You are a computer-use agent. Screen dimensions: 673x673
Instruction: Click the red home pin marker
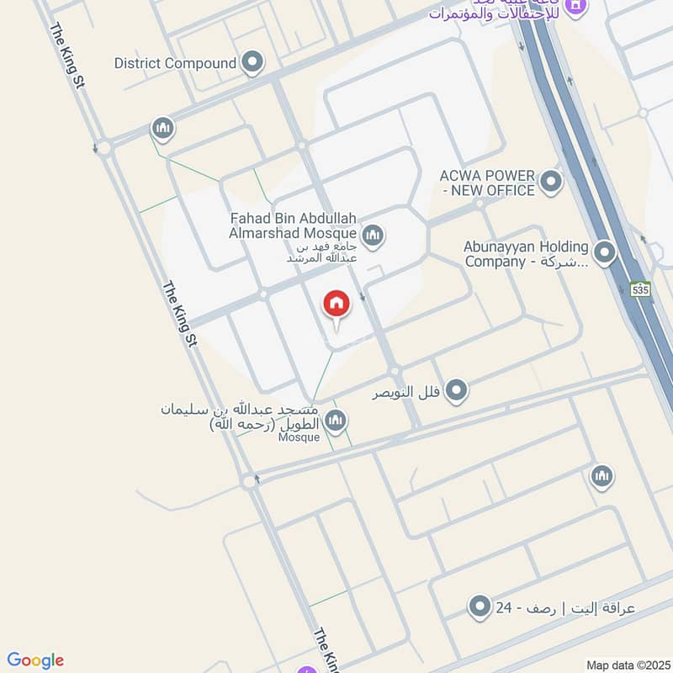click(336, 305)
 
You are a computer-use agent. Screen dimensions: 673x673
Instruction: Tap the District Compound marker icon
click(252, 62)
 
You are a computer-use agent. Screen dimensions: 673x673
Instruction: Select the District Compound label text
click(175, 63)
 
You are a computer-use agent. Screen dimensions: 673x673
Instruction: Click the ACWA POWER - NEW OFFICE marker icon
click(551, 181)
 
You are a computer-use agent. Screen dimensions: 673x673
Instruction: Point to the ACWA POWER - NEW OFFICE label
click(487, 183)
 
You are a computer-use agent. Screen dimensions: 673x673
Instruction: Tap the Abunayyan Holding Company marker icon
click(604, 252)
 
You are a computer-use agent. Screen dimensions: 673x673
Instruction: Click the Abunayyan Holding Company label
click(526, 253)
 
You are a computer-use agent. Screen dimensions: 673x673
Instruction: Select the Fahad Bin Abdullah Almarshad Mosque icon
click(374, 236)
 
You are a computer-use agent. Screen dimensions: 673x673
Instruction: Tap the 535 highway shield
click(641, 289)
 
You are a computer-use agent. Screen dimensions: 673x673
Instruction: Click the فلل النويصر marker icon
click(457, 389)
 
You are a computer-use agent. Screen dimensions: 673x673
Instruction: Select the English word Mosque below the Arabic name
click(299, 437)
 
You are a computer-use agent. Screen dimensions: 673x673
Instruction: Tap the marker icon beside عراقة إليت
click(480, 606)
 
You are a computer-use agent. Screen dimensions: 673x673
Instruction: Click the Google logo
click(35, 660)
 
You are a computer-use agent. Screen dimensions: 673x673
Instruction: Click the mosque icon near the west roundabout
click(162, 129)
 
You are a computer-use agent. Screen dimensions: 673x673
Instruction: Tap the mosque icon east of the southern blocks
click(601, 477)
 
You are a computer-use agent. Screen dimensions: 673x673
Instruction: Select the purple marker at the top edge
click(576, 5)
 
